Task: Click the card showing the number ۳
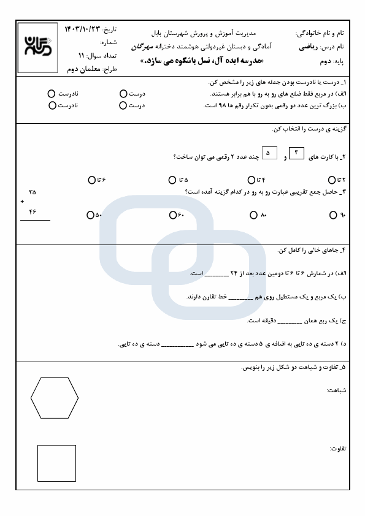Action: tap(296, 153)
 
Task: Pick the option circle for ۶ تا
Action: tap(91, 180)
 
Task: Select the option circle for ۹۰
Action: tap(333, 215)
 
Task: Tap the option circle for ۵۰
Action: tap(91, 215)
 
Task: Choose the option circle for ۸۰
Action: tap(253, 215)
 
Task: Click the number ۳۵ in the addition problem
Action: tap(33, 192)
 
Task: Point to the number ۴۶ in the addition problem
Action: tap(33, 211)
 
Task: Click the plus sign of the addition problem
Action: tap(22, 201)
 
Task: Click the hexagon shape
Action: tap(55, 398)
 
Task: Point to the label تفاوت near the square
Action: tap(337, 449)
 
